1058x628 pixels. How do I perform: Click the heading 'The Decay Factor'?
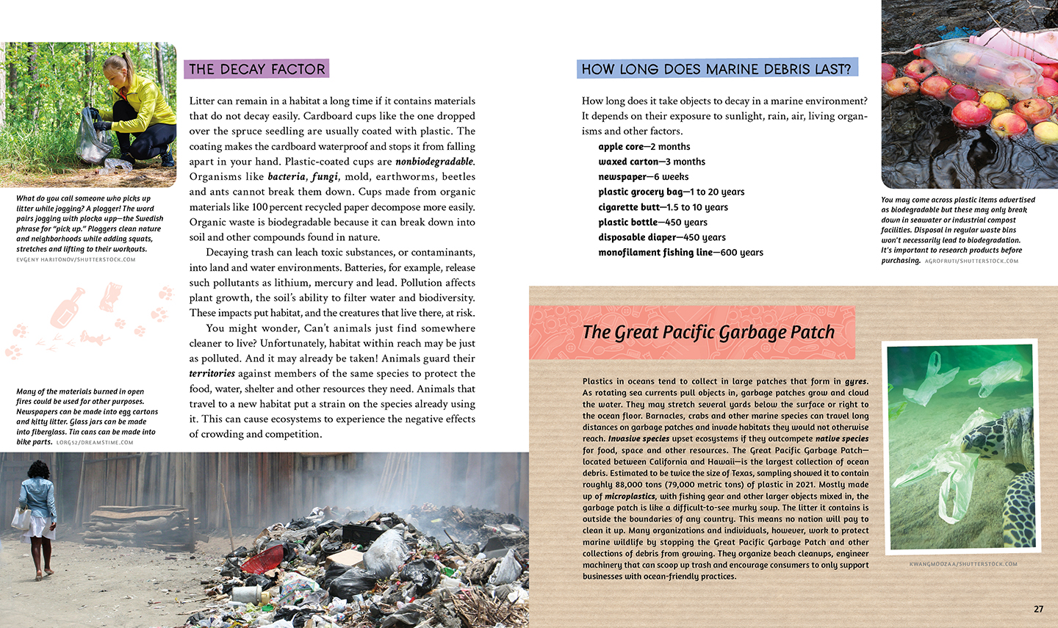click(x=256, y=69)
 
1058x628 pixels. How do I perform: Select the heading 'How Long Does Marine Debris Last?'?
click(x=716, y=69)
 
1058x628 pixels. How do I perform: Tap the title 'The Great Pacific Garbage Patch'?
click(x=708, y=333)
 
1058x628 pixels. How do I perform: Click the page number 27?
click(x=1038, y=609)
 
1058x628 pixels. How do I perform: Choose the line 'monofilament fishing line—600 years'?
click(x=680, y=253)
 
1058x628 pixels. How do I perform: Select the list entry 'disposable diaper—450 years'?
click(x=661, y=237)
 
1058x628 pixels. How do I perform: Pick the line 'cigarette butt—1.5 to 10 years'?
click(x=663, y=207)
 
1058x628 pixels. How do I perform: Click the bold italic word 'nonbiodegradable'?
click(x=434, y=162)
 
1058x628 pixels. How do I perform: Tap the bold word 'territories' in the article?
click(x=212, y=374)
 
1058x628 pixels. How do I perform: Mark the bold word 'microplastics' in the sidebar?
click(x=630, y=497)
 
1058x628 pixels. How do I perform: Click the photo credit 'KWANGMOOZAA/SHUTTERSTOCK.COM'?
click(x=962, y=564)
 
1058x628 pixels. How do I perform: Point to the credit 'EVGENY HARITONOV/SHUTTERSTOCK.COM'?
click(x=76, y=259)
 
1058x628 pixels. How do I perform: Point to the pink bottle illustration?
click(x=68, y=308)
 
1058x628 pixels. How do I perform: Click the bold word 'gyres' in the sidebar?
click(x=855, y=381)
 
